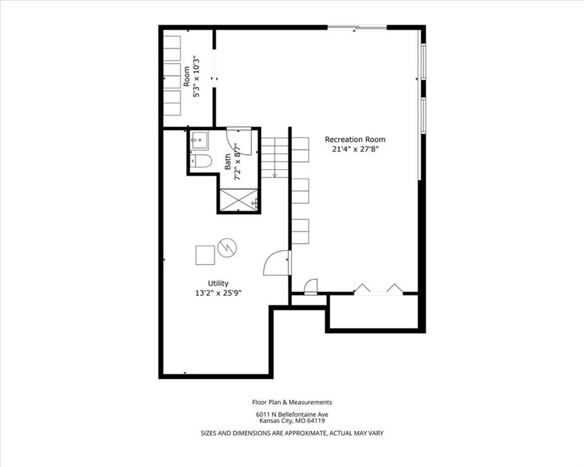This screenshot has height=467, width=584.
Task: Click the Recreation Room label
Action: (x=355, y=140)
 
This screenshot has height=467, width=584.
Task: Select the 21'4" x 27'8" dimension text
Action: (x=355, y=150)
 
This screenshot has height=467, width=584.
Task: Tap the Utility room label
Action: (x=218, y=283)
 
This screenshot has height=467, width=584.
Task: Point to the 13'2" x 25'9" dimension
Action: (x=218, y=293)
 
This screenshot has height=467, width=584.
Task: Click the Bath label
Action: (x=228, y=162)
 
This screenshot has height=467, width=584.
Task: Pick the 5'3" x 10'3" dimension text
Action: (x=196, y=77)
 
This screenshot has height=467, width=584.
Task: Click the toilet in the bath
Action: (x=201, y=161)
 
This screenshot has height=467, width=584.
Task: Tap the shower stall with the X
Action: (x=238, y=200)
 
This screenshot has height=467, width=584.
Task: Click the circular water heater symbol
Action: (x=227, y=247)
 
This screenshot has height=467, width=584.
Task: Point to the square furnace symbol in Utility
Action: (x=205, y=255)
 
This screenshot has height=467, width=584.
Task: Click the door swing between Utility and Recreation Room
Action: (x=276, y=263)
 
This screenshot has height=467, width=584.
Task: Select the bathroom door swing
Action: (x=240, y=142)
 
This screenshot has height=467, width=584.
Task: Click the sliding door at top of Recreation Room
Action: (x=357, y=27)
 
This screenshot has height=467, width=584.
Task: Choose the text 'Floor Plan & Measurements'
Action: (x=292, y=402)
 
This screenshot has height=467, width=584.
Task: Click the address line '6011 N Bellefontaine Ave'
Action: (x=292, y=414)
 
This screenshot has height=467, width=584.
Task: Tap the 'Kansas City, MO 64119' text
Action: (x=292, y=421)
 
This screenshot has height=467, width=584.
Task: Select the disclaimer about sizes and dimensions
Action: (x=292, y=433)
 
